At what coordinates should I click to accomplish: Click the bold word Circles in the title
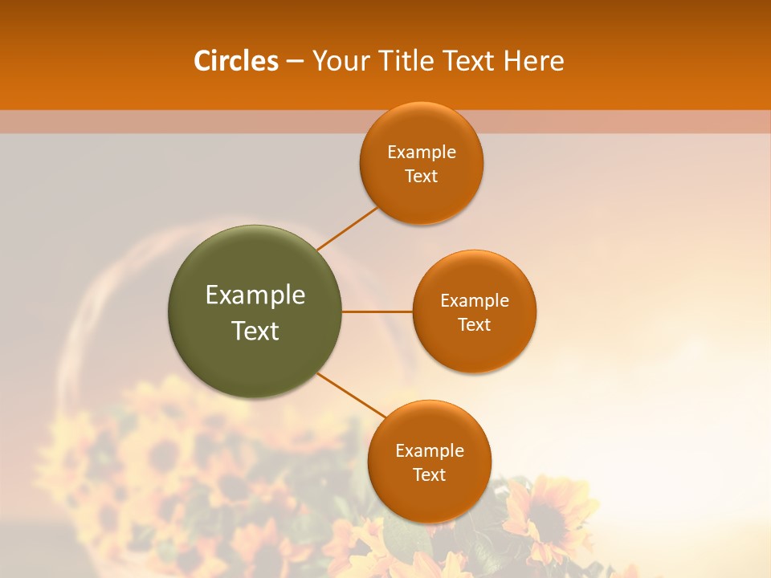236,61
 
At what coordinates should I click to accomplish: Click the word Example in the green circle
255,295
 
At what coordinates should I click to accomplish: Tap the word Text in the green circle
255,331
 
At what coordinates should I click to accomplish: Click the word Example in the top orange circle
422,153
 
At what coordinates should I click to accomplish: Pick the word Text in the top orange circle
422,177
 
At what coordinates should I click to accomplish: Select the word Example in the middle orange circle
475,301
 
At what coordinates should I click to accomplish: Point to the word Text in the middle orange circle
475,325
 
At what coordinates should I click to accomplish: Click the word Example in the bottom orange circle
430,451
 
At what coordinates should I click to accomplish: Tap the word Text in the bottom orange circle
430,475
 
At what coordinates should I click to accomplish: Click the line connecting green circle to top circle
347,228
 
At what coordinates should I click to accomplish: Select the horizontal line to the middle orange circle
377,311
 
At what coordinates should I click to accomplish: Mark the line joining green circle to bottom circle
352,395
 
